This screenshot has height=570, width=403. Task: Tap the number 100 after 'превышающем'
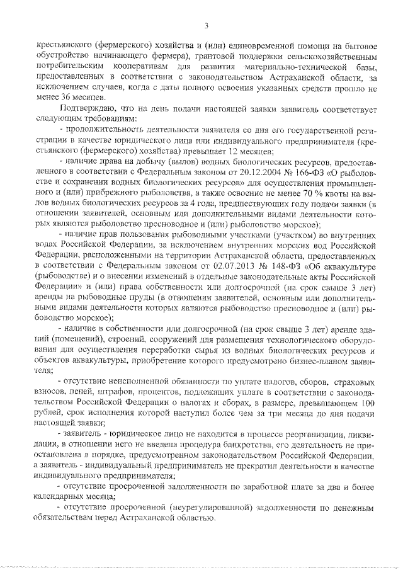[x=370, y=402]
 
